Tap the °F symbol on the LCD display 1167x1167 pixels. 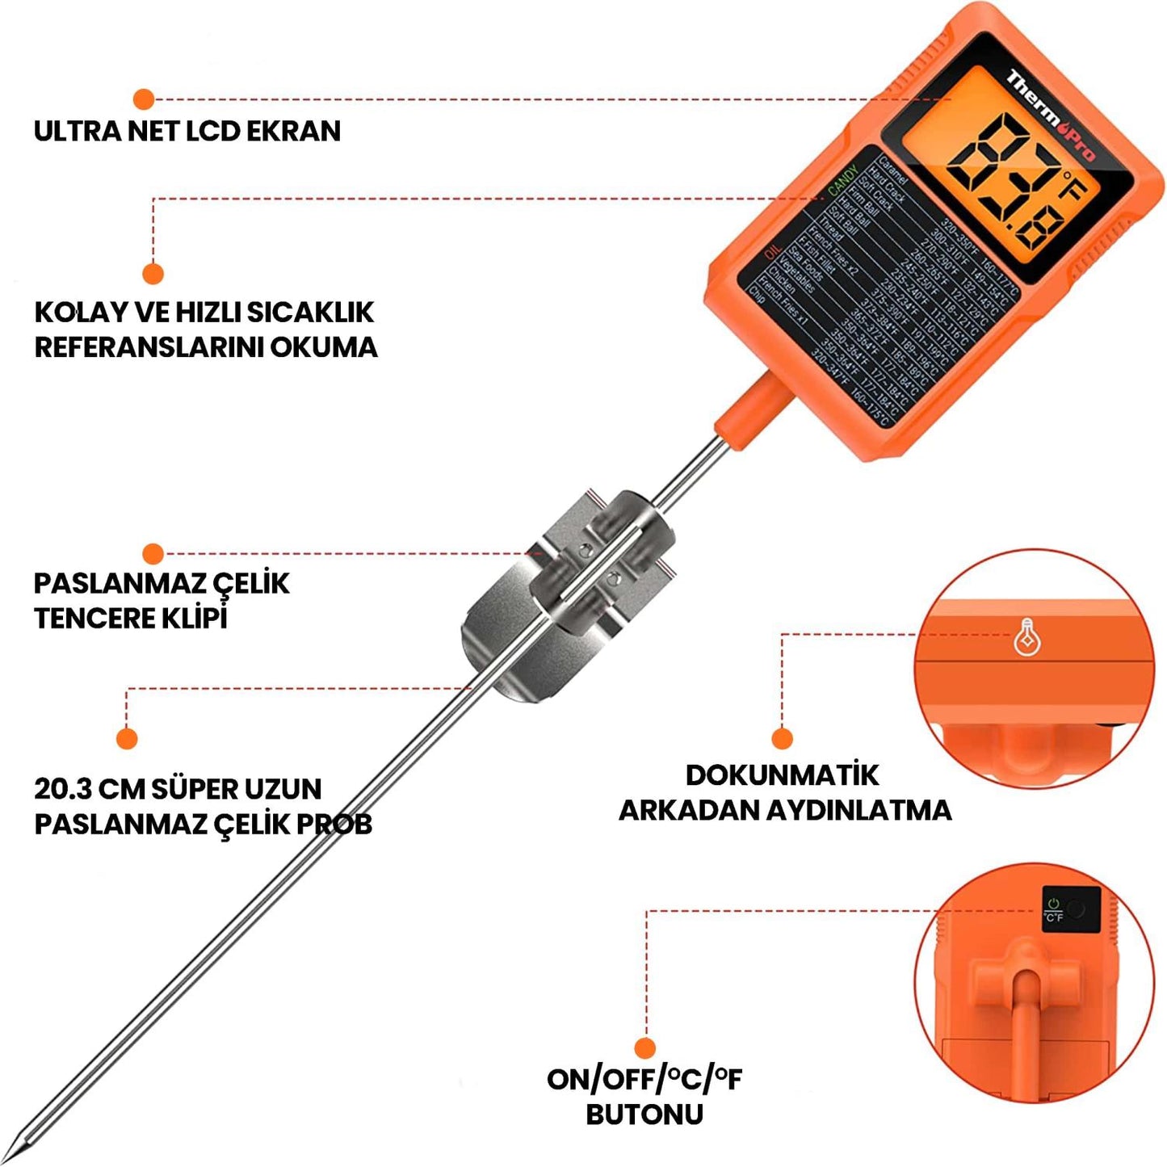coord(1075,186)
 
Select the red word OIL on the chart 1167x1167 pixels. coord(773,262)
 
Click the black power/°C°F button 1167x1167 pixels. coord(1071,909)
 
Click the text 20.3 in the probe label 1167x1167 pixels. coord(61,789)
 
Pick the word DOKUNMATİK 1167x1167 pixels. coord(782,775)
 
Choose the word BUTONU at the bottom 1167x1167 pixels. coord(644,1115)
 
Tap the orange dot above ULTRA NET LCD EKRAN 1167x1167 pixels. coord(144,99)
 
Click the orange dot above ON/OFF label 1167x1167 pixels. coord(644,1048)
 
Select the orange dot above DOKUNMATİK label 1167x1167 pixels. coord(781,738)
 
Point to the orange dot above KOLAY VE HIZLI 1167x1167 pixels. coord(153,274)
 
